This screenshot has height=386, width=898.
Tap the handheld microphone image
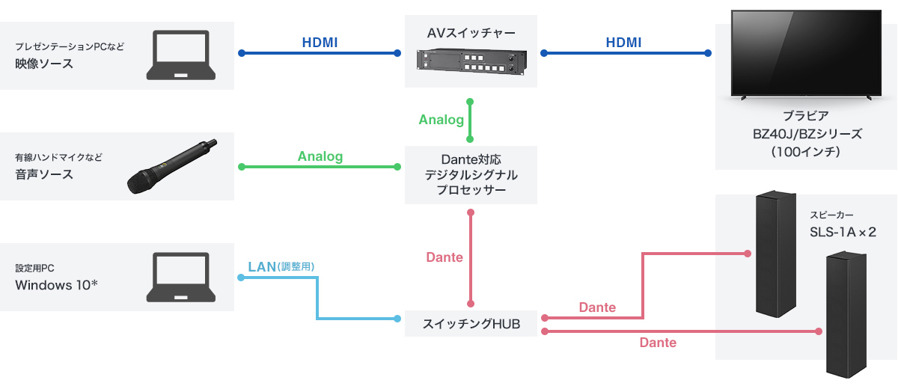171,166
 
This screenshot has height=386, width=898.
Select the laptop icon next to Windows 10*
180,278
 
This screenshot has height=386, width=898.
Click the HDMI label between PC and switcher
320,43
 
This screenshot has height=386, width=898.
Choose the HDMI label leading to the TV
623,43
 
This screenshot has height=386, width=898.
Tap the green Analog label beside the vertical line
442,120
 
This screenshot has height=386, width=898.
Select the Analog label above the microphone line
320,156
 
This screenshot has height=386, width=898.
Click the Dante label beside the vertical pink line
445,257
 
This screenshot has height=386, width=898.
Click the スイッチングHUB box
471,324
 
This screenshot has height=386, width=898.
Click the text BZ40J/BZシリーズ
807,134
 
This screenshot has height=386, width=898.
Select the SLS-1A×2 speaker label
843,232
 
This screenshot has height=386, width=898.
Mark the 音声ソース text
44,174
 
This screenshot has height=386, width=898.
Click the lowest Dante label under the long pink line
658,343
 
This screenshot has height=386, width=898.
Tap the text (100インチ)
807,151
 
